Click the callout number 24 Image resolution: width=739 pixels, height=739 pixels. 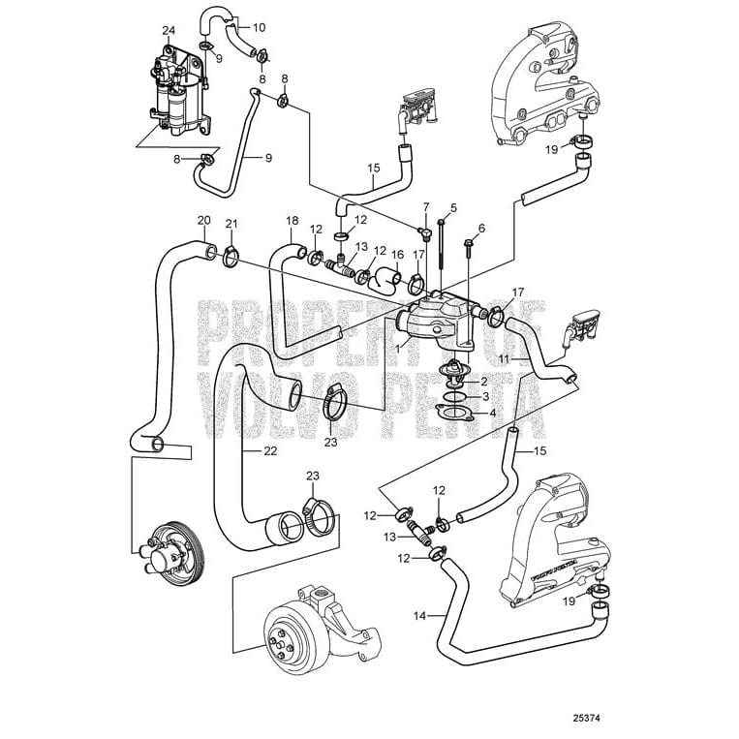click(169, 31)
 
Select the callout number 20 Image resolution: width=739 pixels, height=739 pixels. click(203, 221)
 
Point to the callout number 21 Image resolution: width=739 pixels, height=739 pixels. click(231, 225)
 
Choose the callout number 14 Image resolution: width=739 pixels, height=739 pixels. click(418, 614)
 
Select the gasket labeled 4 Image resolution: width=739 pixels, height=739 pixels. click(449, 414)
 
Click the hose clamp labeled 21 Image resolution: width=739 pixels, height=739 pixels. click(231, 258)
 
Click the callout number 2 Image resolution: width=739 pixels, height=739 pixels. click(484, 383)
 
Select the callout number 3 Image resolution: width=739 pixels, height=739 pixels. click(484, 397)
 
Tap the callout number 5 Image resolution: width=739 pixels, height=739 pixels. click(453, 208)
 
